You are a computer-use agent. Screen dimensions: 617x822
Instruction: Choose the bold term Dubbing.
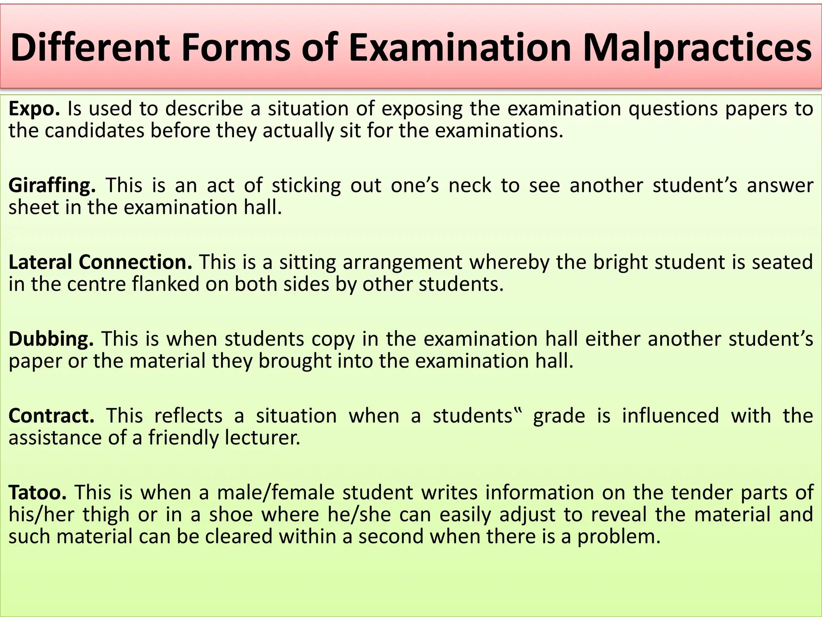pyautogui.click(x=51, y=339)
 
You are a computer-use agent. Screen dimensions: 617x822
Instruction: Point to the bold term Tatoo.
pyautogui.click(x=38, y=492)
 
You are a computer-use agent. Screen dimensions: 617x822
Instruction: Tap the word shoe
pyautogui.click(x=231, y=515)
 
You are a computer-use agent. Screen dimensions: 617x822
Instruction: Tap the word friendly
pyautogui.click(x=183, y=437)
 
